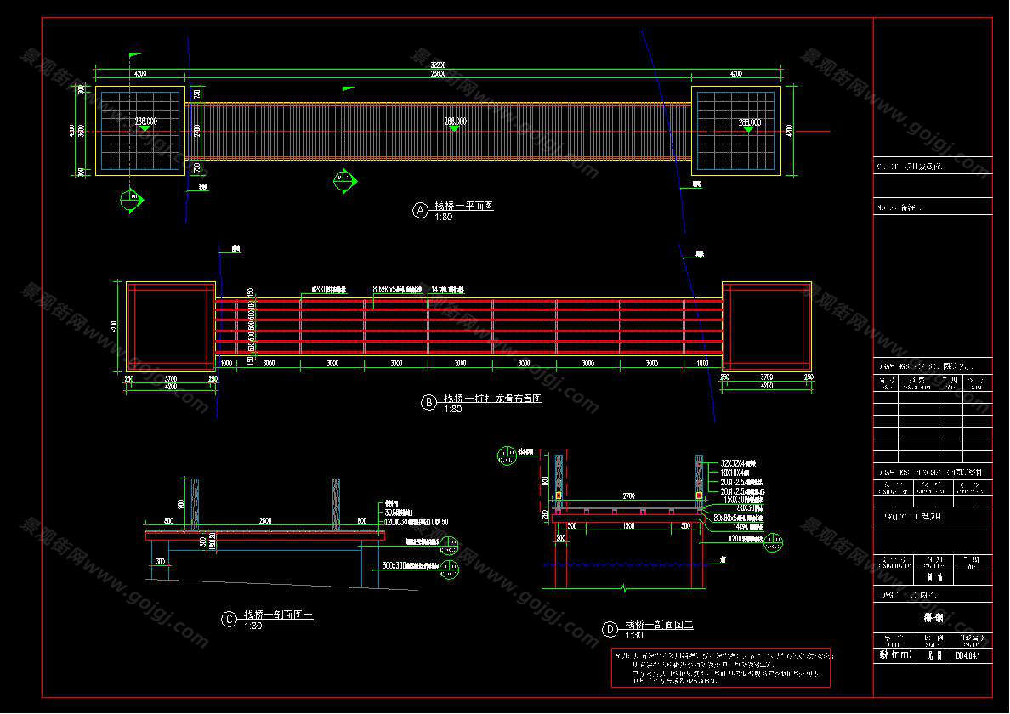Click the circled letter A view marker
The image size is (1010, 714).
tap(420, 211)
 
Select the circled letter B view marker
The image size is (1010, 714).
tap(429, 402)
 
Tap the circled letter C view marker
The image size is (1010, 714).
tap(229, 620)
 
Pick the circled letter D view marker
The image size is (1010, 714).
tap(610, 630)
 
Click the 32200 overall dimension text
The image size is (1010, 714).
tap(438, 65)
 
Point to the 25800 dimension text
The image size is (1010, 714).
tap(438, 75)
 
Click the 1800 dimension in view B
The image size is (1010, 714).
tap(702, 364)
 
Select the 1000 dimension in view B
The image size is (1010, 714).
tap(226, 364)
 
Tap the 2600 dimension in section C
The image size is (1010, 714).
tap(265, 520)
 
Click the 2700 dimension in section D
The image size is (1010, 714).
tap(628, 493)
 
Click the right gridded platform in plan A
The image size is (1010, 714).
tap(736, 131)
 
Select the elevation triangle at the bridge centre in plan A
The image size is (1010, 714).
tap(455, 128)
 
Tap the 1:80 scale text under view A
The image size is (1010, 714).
tap(444, 218)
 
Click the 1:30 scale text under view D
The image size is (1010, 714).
tap(634, 636)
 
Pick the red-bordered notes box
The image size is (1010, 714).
tap(721, 667)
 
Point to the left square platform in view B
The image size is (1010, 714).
tap(171, 327)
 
